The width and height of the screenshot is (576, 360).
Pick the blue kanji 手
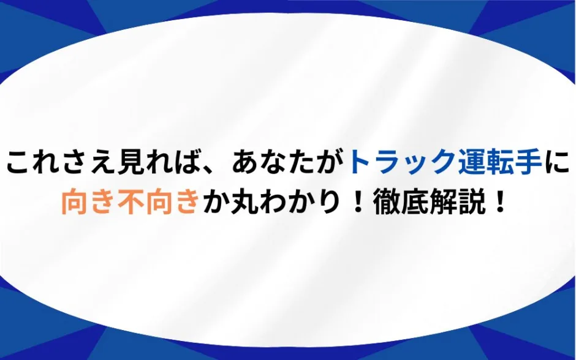[x=528, y=162]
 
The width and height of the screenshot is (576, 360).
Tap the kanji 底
[x=415, y=201]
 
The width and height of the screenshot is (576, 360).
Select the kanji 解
[x=443, y=201]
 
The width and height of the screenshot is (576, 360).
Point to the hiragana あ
[x=245, y=162]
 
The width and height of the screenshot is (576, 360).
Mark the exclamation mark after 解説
[x=499, y=201]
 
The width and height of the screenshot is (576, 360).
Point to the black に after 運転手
[x=556, y=162]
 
